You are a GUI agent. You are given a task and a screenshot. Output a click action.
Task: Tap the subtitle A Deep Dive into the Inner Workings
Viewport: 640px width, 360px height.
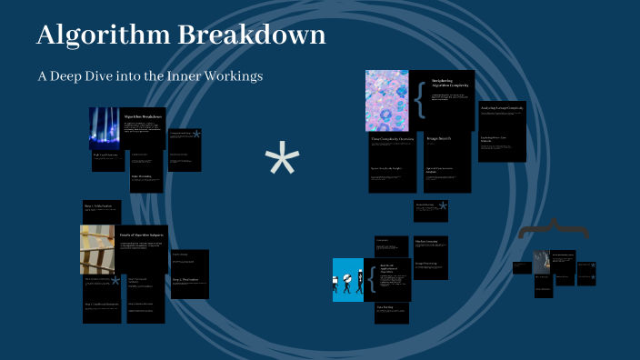click(x=150, y=76)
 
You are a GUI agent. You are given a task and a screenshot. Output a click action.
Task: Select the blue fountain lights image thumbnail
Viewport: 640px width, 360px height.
click(x=105, y=128)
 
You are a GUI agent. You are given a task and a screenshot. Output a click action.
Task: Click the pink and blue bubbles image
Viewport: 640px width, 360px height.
click(x=387, y=100)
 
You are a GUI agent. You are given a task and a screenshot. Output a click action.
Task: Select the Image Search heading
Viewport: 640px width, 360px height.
click(x=440, y=139)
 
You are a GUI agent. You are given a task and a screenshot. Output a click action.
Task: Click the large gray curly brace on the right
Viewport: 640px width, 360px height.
click(x=553, y=233)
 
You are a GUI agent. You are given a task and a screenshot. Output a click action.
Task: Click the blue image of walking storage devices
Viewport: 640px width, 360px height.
click(x=347, y=279)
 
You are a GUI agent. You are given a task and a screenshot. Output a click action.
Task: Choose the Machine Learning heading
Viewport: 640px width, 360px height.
click(x=428, y=242)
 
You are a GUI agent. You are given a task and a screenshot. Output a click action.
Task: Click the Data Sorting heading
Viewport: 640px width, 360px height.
click(x=385, y=307)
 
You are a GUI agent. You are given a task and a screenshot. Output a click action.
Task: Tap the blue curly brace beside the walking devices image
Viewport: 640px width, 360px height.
click(x=371, y=279)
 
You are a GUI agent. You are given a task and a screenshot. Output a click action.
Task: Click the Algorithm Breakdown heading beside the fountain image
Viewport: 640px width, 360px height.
click(x=143, y=116)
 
